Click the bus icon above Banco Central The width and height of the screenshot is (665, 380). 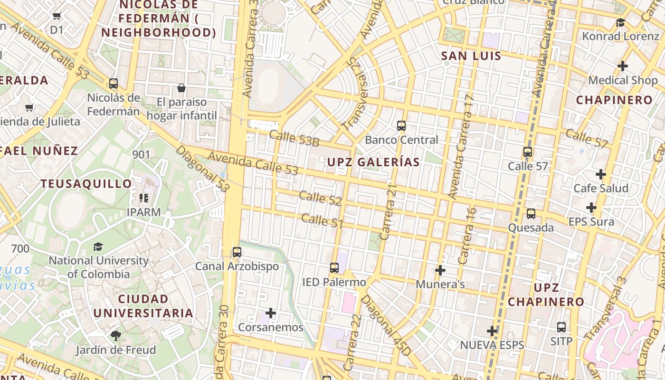(401, 126)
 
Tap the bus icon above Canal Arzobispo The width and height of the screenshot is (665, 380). (237, 252)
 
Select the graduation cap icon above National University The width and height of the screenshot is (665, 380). (98, 247)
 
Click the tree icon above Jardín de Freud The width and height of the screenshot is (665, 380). (115, 336)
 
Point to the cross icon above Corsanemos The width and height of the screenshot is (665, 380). (271, 313)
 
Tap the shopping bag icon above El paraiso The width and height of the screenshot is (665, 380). (181, 88)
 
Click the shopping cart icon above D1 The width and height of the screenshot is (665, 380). (57, 16)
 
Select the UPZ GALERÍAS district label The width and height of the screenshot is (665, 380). (373, 162)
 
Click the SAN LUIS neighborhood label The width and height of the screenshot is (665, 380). (471, 56)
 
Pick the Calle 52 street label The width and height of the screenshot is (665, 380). (320, 198)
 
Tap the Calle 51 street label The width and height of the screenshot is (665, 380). (322, 221)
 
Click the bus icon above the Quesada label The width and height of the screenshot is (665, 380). (531, 214)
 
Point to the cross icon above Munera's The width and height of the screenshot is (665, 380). (440, 270)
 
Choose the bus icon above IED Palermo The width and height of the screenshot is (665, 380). (334, 268)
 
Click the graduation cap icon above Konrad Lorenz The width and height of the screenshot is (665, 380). (620, 22)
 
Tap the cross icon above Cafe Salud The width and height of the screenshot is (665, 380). (601, 174)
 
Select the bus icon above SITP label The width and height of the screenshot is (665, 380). (561, 327)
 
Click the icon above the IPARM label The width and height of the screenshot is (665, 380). (144, 198)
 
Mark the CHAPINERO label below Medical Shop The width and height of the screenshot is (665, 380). (614, 100)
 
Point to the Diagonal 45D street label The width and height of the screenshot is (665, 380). (385, 325)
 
